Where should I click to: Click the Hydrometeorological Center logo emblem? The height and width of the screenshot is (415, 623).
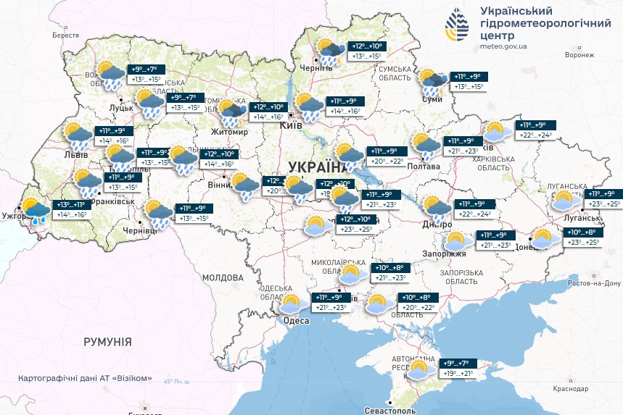point(457,28)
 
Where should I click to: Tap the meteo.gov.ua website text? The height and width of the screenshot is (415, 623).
point(503,46)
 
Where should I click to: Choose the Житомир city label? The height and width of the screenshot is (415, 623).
point(228,133)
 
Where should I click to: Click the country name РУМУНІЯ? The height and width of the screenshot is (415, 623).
point(107,341)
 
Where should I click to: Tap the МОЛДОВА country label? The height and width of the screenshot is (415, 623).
point(222,277)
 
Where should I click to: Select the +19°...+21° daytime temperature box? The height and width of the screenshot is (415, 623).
point(458,374)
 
